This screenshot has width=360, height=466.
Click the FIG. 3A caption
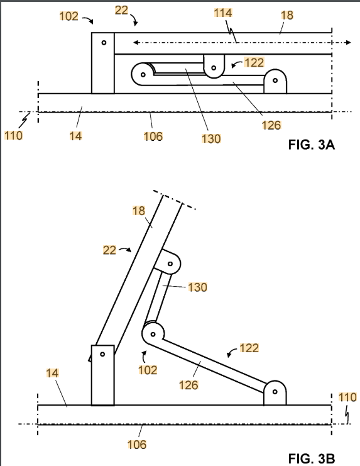pyautogui.click(x=312, y=145)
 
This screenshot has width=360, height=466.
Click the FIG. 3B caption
pyautogui.click(x=312, y=458)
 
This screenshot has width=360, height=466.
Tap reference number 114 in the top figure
pyautogui.click(x=223, y=13)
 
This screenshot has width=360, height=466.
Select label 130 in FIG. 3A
pyautogui.click(x=211, y=138)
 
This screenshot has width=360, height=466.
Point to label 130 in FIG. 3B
pyautogui.click(x=198, y=287)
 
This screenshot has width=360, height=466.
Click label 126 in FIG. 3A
pyautogui.click(x=271, y=125)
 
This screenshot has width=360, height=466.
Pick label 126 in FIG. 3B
pyautogui.click(x=188, y=385)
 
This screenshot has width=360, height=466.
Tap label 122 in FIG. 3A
pyautogui.click(x=254, y=62)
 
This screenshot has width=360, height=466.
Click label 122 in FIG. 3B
pyautogui.click(x=249, y=348)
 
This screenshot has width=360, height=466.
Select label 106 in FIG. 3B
pyautogui.click(x=137, y=445)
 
